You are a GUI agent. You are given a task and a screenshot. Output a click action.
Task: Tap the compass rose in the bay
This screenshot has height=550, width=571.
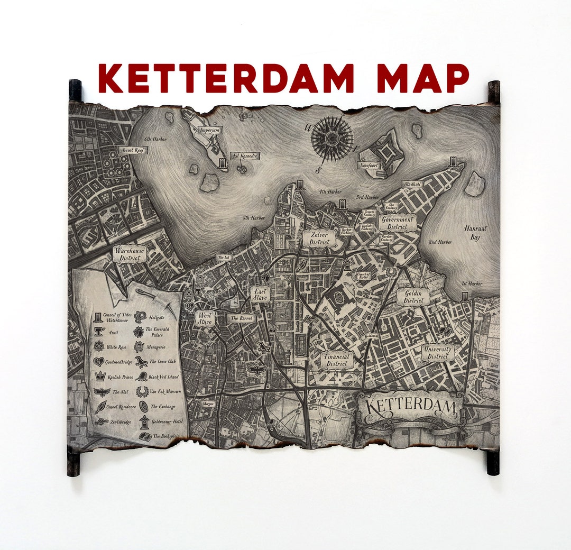[331, 139]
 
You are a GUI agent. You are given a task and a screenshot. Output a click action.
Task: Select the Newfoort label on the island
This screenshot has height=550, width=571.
[370, 166]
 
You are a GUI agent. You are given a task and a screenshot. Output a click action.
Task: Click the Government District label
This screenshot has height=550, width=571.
[398, 223]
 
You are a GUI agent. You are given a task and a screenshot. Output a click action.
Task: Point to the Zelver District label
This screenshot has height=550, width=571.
[319, 239]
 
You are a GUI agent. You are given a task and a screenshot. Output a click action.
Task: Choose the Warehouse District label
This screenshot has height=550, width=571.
[130, 254]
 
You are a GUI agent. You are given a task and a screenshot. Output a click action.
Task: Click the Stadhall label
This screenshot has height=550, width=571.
[412, 185]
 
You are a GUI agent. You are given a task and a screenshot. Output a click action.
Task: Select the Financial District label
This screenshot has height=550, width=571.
[337, 360]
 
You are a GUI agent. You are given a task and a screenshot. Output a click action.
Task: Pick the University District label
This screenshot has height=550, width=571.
[438, 353]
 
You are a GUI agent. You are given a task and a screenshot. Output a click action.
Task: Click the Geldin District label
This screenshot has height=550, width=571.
[413, 297]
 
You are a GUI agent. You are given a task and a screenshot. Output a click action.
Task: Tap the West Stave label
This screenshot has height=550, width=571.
[205, 318]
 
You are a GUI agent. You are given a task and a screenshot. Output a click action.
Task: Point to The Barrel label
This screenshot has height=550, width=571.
[242, 319]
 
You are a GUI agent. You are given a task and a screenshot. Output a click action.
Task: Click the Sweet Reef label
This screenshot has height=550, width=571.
[132, 150]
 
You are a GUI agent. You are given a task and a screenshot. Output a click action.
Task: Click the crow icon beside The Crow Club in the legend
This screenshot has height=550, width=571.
[141, 362]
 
